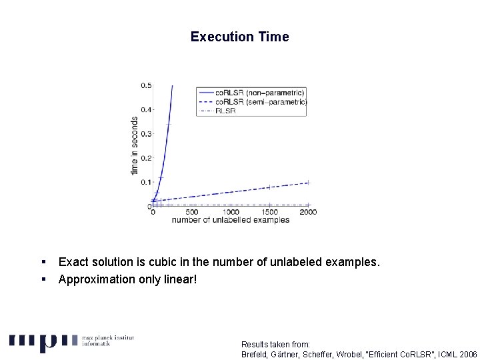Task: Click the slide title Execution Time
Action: [239, 37]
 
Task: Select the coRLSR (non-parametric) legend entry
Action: [259, 92]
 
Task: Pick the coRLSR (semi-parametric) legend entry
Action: [261, 101]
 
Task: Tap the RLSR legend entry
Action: [225, 111]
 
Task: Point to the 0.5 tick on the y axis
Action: [145, 85]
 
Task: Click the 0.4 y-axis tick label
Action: [145, 109]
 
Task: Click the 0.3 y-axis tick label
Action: [145, 134]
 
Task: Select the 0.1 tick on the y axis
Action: [145, 182]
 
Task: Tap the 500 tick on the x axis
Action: [191, 212]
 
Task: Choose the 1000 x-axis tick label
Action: [231, 212]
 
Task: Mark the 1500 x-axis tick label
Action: [269, 212]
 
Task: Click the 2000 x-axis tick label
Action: [308, 212]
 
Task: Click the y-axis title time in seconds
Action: [135, 146]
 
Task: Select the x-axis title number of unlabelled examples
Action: [231, 220]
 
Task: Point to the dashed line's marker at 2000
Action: [308, 182]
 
